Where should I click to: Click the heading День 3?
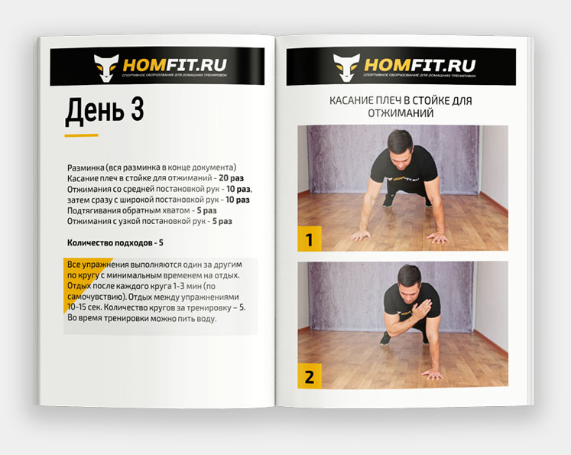(105, 111)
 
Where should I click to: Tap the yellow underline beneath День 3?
(81, 135)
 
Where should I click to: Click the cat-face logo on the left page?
(106, 67)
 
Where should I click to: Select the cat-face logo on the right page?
(346, 67)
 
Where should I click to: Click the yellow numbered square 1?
(310, 239)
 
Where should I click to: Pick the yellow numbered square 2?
(310, 376)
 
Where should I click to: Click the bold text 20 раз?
(232, 178)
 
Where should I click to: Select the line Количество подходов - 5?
(115, 242)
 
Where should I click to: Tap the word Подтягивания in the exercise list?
(93, 210)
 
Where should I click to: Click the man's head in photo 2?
(409, 280)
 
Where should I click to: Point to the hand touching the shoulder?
(422, 310)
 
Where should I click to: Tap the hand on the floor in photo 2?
(433, 374)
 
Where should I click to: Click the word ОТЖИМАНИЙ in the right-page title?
(401, 113)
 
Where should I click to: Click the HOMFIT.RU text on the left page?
(175, 65)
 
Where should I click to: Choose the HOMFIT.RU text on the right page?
(420, 65)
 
